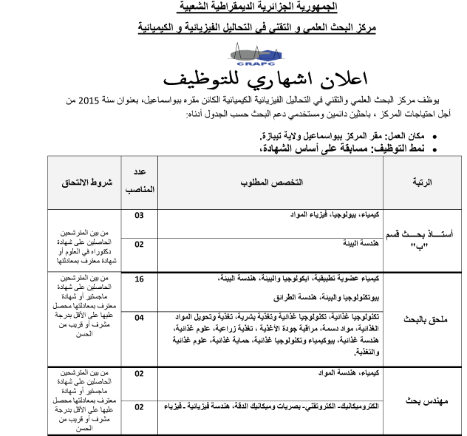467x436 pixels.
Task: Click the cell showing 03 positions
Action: (x=139, y=217)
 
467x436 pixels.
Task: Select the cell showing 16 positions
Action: (x=139, y=279)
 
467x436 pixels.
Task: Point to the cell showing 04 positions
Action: (x=139, y=317)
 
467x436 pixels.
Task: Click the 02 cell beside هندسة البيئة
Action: (x=139, y=244)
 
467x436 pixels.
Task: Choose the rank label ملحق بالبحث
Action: (x=423, y=321)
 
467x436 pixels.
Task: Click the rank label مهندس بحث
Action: (x=423, y=400)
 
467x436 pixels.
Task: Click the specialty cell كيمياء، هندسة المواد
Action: (x=347, y=373)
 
